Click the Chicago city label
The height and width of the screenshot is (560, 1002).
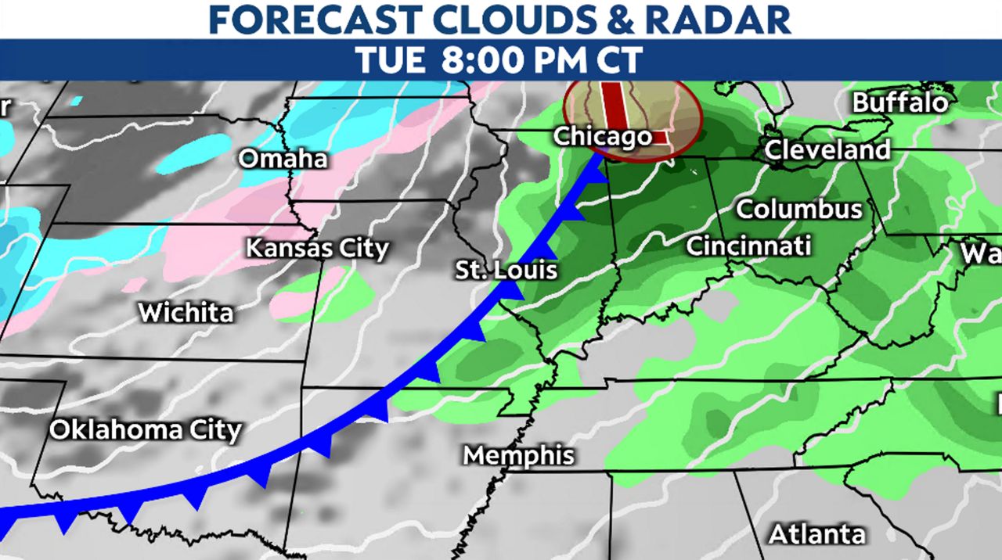coord(602,136)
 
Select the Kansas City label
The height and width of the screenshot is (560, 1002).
coord(317,249)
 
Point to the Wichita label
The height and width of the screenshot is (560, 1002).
coord(186,313)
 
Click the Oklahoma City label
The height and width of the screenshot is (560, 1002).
coord(146,429)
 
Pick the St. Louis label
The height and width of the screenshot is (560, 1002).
coord(507,271)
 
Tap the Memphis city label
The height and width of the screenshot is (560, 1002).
coord(518,455)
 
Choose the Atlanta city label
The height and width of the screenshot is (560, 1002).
coord(816,534)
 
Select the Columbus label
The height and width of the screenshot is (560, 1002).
coord(799,210)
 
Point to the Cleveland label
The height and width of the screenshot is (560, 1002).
coord(827,149)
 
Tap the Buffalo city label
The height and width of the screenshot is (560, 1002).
coord(899,102)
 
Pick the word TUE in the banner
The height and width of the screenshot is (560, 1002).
coord(393,60)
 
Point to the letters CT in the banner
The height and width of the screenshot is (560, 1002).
coord(619,60)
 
